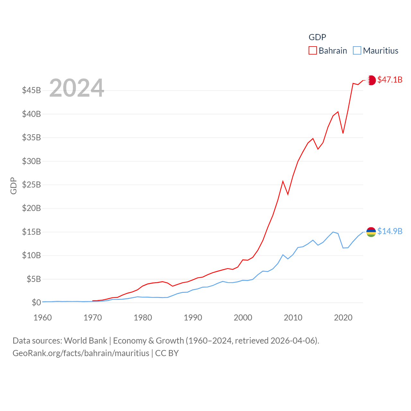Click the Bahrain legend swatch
coord(313,51)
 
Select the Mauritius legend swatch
coord(357,51)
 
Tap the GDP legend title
coord(317,37)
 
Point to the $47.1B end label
coord(390,80)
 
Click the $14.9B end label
coord(390,231)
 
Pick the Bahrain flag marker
coord(371,80)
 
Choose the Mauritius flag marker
coord(371,232)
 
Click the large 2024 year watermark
coord(76,88)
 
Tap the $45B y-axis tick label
coord(31,90)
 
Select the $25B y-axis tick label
coord(31,185)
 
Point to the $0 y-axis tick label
coord(36,302)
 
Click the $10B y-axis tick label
coord(31,255)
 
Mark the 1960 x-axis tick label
coord(42,318)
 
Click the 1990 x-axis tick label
coord(193,318)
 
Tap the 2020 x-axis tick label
coord(343,318)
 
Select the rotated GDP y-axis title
coord(13,186)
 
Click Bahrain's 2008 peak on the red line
coord(283,181)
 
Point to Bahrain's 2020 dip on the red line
coord(343,133)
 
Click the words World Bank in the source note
coord(85,340)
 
